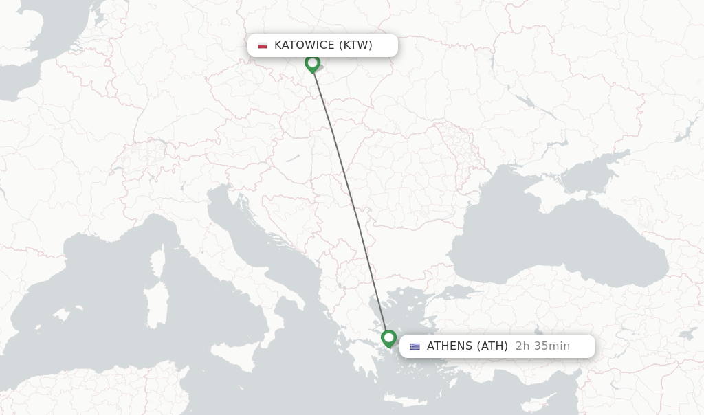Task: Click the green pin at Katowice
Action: (x=313, y=63)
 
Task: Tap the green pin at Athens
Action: (x=389, y=338)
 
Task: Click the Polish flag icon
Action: (x=263, y=45)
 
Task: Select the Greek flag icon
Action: (x=415, y=346)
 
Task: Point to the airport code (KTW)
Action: (x=355, y=45)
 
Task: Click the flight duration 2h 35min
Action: (x=542, y=346)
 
